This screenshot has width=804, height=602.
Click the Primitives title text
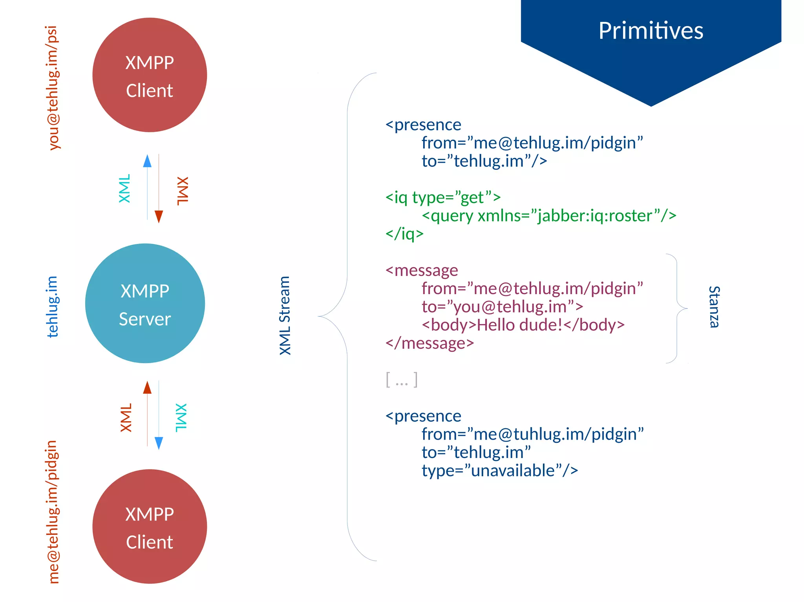click(651, 31)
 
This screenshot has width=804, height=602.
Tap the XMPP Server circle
click(145, 303)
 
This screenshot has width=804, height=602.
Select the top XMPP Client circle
click(150, 75)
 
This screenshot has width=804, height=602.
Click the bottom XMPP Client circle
click(150, 526)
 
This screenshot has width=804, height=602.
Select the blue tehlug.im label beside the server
click(52, 306)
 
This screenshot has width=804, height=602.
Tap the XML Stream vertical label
click(285, 315)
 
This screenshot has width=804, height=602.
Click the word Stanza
click(714, 307)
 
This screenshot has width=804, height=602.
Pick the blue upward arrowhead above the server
click(147, 161)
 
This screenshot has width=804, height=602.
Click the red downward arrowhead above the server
click(159, 216)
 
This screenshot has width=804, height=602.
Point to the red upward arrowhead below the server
click(147, 387)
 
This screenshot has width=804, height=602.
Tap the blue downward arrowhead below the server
click(159, 443)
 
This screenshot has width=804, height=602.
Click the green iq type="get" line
click(443, 197)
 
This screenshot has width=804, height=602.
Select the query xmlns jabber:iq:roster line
click(548, 216)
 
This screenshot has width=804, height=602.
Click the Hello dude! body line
click(523, 325)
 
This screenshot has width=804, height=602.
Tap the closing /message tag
click(429, 343)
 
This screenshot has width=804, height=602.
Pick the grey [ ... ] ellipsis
click(402, 380)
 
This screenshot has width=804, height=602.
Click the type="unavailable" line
click(499, 470)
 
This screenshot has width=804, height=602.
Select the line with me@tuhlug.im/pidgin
click(532, 434)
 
